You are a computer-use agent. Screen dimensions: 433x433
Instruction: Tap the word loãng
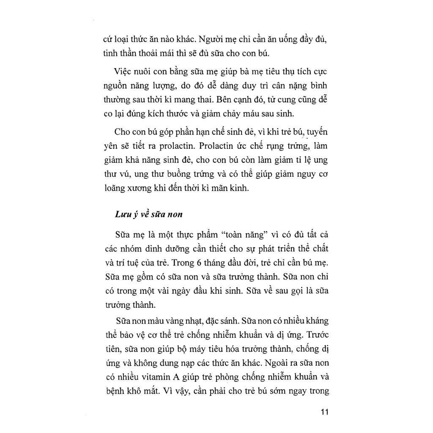point(115,189)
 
